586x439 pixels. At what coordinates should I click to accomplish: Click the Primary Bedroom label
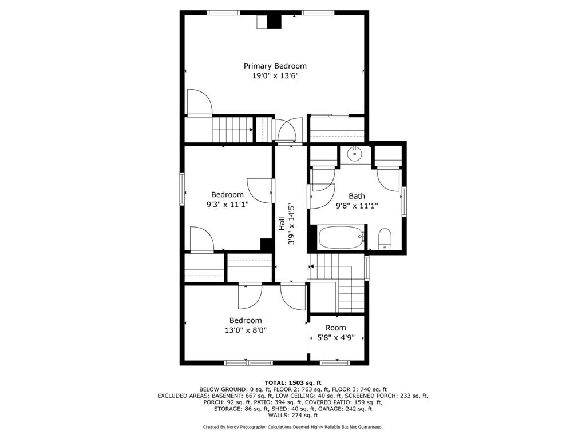275,66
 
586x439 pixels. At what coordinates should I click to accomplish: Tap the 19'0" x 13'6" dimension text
275,76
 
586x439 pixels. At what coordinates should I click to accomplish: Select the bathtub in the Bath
341,237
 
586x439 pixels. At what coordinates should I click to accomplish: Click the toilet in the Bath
385,239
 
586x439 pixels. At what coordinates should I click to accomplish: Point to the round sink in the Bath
355,153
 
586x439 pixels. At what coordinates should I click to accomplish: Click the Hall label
282,223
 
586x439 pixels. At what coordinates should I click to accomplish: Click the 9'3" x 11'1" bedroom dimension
227,205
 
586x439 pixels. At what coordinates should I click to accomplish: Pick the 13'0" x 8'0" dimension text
246,330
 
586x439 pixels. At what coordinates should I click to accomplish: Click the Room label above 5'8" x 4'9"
336,328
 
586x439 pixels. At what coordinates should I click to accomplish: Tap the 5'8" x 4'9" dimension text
336,337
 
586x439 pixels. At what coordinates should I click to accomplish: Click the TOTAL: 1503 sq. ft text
292,382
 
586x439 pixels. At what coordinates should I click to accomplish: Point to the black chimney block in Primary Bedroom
275,21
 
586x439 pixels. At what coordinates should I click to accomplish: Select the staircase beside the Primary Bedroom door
232,129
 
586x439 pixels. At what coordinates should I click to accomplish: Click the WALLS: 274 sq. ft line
292,416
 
